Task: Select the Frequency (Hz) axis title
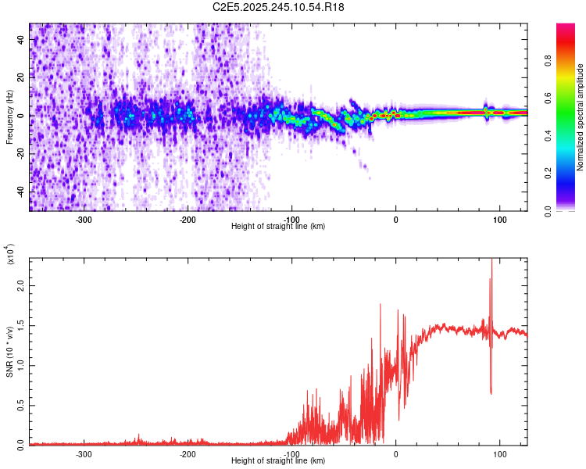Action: [9, 117]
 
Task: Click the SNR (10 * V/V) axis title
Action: [9, 351]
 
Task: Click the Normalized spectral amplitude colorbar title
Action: [580, 117]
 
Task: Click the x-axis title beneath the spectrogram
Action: [278, 227]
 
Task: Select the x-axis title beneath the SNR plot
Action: [278, 461]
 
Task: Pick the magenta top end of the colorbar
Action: [566, 27]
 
